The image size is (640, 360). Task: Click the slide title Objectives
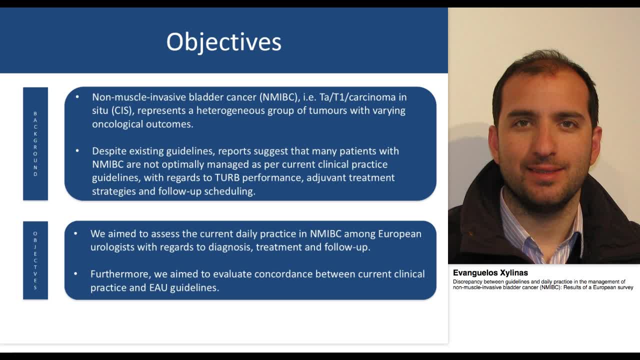pos(223,41)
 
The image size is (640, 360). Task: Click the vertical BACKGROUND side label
pos(35,144)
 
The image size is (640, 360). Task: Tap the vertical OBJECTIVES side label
pos(35,260)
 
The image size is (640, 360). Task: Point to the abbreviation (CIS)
pos(125,110)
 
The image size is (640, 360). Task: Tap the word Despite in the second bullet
pos(109,151)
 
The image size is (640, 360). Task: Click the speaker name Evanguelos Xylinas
pos(490,273)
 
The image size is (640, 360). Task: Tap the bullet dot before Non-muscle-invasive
pos(77,96)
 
